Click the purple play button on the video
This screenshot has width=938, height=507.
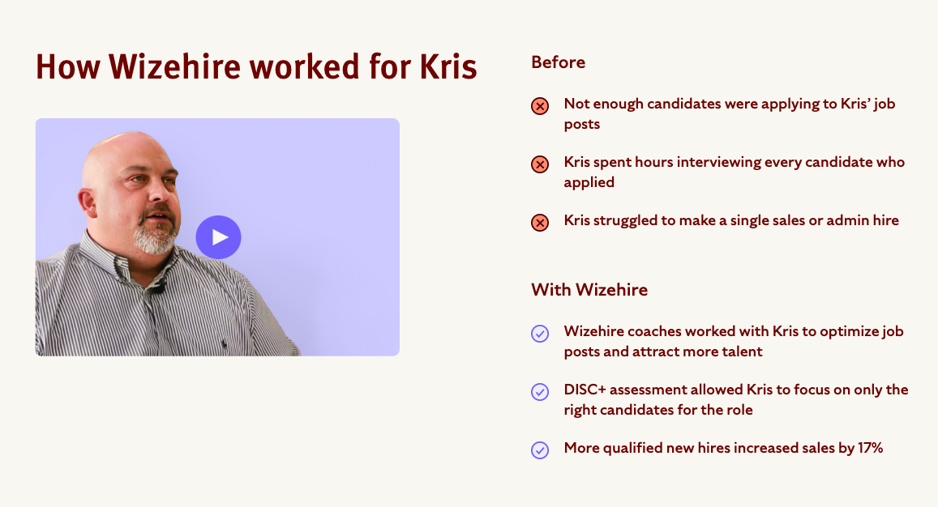[218, 237]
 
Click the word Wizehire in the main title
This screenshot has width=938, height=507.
[174, 66]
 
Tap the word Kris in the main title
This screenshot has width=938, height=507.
[448, 66]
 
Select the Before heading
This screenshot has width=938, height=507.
[558, 62]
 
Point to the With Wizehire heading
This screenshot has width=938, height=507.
[589, 290]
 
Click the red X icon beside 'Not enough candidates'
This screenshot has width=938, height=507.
[540, 106]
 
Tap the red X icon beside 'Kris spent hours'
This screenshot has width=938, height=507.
[540, 164]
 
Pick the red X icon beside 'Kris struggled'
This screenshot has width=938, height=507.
[540, 223]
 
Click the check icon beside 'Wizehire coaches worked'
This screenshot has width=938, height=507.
[540, 334]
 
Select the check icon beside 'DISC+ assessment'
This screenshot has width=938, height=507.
[540, 392]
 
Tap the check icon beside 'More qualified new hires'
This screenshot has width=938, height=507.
[540, 450]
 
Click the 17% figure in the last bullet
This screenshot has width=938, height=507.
[871, 448]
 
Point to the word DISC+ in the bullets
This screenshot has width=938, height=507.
[585, 390]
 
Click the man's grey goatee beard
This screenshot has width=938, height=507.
[154, 236]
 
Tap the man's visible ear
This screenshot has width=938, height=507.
[88, 202]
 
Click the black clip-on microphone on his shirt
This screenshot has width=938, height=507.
[159, 288]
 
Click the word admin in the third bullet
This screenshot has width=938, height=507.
[848, 220]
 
